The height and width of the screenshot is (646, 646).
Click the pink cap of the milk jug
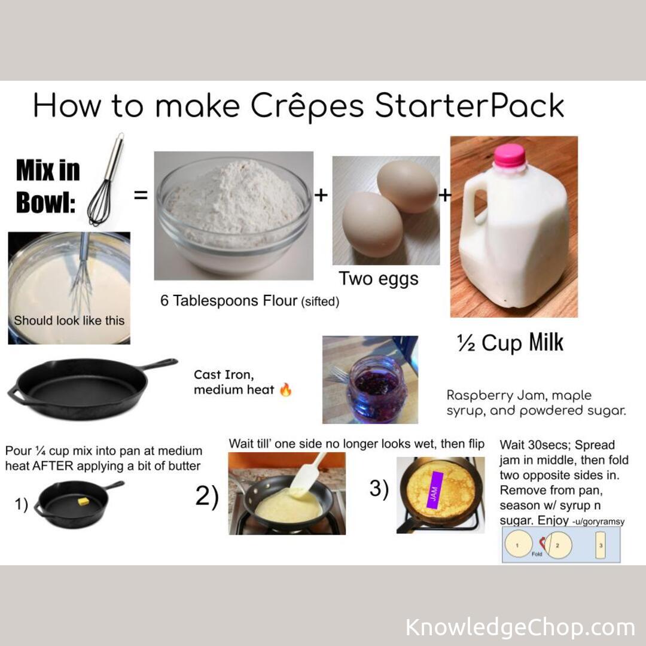click(509, 156)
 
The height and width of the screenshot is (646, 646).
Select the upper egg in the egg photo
click(407, 186)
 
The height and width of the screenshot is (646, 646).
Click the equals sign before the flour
click(141, 195)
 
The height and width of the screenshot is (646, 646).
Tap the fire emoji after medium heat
click(286, 391)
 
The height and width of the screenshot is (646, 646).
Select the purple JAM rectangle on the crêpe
click(434, 490)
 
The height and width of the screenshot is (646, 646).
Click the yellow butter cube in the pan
click(83, 501)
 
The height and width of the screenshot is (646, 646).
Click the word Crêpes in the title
click(307, 106)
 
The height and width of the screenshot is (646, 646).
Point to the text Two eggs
click(379, 278)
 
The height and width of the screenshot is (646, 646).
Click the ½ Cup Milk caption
click(510, 343)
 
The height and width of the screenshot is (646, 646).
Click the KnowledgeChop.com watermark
click(520, 627)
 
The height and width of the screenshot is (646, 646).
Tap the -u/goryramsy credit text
click(598, 522)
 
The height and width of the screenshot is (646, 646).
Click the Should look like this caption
click(69, 320)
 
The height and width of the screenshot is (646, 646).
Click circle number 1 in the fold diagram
click(519, 545)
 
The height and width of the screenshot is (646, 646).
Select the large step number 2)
click(208, 496)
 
